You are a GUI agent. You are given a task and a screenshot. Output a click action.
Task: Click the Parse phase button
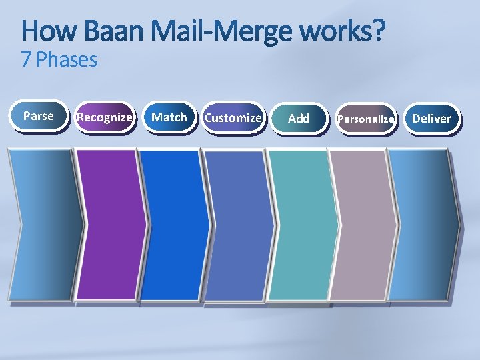tap(39, 116)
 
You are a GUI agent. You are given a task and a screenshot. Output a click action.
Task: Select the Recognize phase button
tap(104, 117)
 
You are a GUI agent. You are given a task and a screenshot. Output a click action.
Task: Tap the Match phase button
tap(169, 117)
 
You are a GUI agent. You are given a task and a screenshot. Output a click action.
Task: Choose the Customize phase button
tap(233, 118)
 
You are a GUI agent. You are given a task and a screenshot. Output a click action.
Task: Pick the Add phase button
tap(299, 118)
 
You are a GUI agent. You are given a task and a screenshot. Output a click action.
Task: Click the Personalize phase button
tap(366, 119)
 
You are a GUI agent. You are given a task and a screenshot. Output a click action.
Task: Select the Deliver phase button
tap(431, 119)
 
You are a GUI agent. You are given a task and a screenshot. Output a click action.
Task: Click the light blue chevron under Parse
tap(43, 224)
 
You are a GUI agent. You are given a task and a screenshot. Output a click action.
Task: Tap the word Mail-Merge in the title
tap(223, 31)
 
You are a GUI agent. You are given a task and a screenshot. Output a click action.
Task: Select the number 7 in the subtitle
tap(26, 60)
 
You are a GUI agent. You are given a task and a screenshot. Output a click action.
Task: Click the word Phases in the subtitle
tap(67, 60)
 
